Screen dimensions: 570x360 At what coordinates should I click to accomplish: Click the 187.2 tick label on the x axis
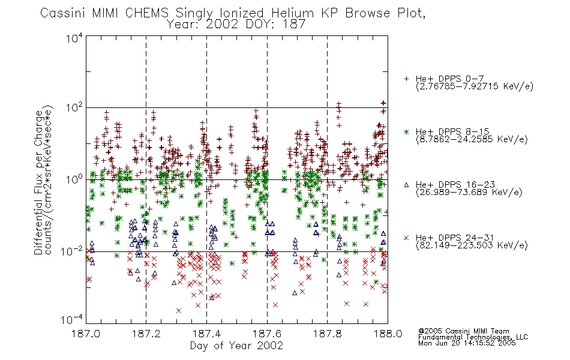[146, 334]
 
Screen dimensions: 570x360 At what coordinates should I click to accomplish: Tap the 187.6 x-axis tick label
[267, 334]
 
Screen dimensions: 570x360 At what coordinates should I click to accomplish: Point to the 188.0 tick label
[388, 334]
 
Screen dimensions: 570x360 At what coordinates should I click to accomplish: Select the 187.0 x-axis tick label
[86, 334]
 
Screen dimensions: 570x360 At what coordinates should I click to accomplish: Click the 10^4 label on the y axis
[74, 38]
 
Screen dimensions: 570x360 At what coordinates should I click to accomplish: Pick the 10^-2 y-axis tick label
[72, 251]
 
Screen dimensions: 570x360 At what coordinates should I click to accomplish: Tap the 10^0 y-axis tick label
[74, 179]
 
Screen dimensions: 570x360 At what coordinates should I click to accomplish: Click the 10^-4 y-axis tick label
[72, 320]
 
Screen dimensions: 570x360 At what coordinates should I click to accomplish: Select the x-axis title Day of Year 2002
[236, 346]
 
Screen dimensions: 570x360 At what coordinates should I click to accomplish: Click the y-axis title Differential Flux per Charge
[38, 182]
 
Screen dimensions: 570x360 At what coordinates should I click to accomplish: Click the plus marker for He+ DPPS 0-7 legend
[406, 79]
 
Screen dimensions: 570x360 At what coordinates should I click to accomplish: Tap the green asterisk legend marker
[406, 131]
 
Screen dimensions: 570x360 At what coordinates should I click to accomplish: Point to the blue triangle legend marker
[406, 185]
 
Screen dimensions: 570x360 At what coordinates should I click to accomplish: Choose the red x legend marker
[406, 238]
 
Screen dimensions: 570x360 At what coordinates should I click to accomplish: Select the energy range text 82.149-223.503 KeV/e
[472, 245]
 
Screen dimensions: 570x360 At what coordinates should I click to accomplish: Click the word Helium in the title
[292, 13]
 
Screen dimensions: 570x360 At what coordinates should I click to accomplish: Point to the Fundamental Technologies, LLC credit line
[473, 337]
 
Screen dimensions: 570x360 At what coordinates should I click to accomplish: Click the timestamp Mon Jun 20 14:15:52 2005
[467, 343]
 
